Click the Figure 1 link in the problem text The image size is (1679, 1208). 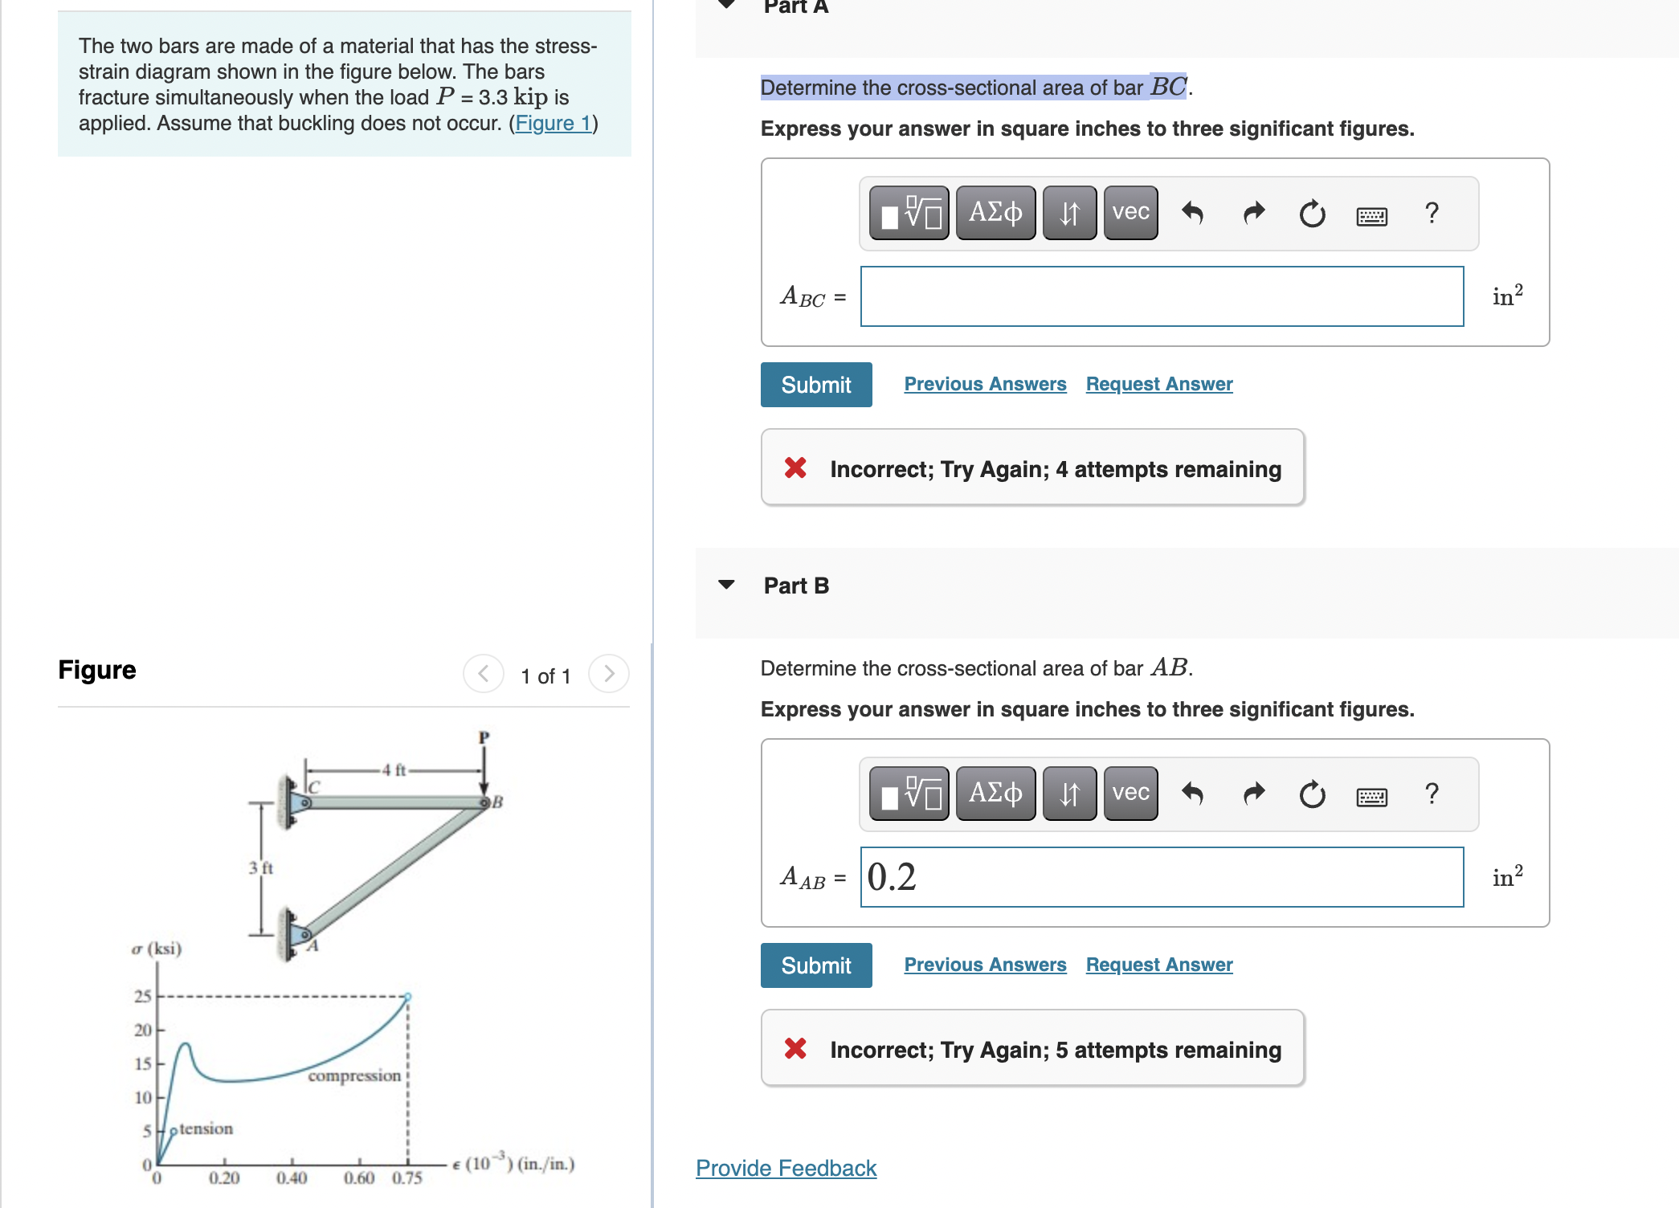pos(553,123)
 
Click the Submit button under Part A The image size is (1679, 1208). pos(815,385)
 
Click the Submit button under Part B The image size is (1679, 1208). pos(815,965)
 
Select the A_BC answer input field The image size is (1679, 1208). pos(1161,296)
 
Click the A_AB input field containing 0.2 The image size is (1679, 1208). pos(1161,877)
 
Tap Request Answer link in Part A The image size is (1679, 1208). pos(1158,384)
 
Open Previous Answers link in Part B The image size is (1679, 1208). pos(984,965)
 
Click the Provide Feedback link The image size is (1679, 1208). pos(786,1168)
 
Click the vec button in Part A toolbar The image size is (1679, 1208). pos(1130,213)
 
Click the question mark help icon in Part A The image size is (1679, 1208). pos(1431,213)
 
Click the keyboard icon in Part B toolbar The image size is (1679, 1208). pos(1371,796)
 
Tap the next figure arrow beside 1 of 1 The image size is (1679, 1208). pos(608,674)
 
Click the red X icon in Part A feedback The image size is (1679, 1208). pos(795,468)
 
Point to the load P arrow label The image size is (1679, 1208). pos(484,737)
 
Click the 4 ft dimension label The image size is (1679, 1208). pos(394,770)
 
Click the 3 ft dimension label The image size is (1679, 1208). pos(260,867)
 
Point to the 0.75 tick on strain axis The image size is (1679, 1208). pos(406,1177)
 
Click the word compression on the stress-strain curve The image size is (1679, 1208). pos(353,1075)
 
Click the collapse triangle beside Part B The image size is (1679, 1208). pos(726,585)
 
